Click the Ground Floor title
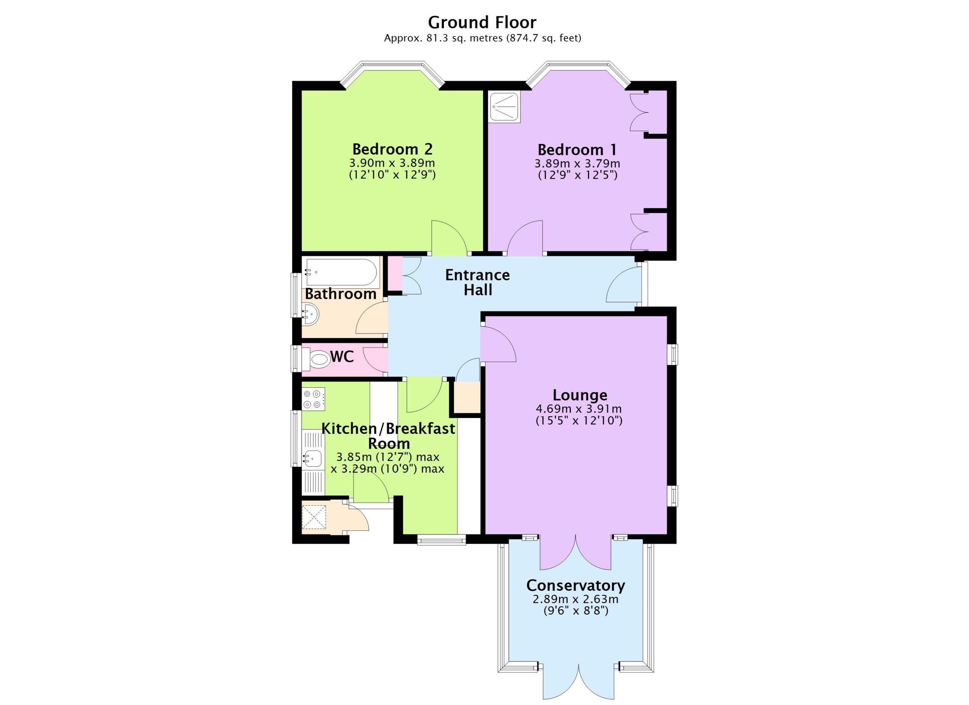click(x=482, y=22)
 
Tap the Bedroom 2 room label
click(x=392, y=149)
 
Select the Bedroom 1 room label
click(x=577, y=150)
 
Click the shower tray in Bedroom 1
click(x=505, y=107)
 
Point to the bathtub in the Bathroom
click(x=341, y=272)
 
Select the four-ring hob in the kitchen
click(x=313, y=399)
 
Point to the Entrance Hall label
click(x=478, y=282)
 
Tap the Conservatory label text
click(x=575, y=585)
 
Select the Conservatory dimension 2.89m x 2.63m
click(x=575, y=599)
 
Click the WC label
click(x=342, y=356)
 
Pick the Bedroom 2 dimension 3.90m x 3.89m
click(x=392, y=163)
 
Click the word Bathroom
click(x=341, y=294)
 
